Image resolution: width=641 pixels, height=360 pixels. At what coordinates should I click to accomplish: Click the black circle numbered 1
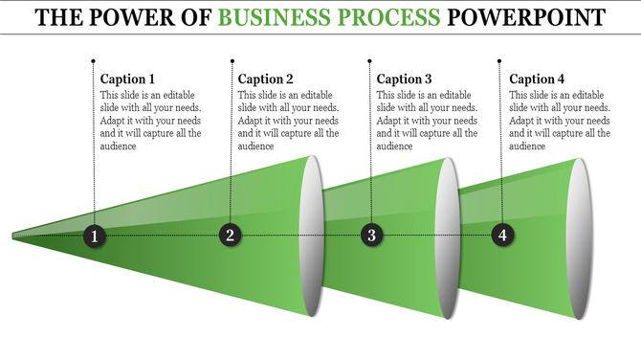pyautogui.click(x=94, y=236)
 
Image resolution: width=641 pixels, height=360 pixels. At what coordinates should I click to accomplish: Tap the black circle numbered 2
pyautogui.click(x=230, y=235)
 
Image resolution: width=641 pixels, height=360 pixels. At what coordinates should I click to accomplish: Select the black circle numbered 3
pyautogui.click(x=372, y=235)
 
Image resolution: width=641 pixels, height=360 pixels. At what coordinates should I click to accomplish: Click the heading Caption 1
pyautogui.click(x=127, y=79)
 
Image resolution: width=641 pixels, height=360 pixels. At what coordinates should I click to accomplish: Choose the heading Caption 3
pyautogui.click(x=404, y=79)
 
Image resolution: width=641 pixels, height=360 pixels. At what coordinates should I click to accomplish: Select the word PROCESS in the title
pyautogui.click(x=395, y=17)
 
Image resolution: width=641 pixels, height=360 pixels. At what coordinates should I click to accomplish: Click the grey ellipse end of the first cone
pyautogui.click(x=312, y=235)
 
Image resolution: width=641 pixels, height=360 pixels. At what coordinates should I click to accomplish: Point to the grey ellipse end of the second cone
pyautogui.click(x=448, y=235)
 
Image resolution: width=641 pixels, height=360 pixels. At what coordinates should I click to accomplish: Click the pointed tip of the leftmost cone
pyautogui.click(x=14, y=235)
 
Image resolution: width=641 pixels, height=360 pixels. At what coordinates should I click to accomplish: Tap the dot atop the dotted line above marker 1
pyautogui.click(x=93, y=59)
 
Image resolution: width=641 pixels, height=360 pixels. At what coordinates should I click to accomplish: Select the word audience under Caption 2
pyautogui.click(x=256, y=146)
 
